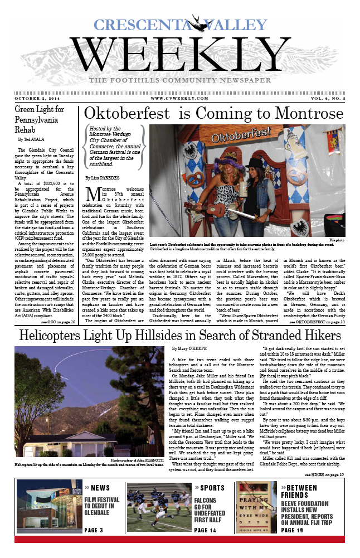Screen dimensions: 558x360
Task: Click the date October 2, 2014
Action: (38, 98)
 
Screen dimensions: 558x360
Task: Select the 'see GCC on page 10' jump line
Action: (59, 322)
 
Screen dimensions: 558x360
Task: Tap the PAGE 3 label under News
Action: (94, 530)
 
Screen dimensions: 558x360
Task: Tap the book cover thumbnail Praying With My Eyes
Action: (257, 508)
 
